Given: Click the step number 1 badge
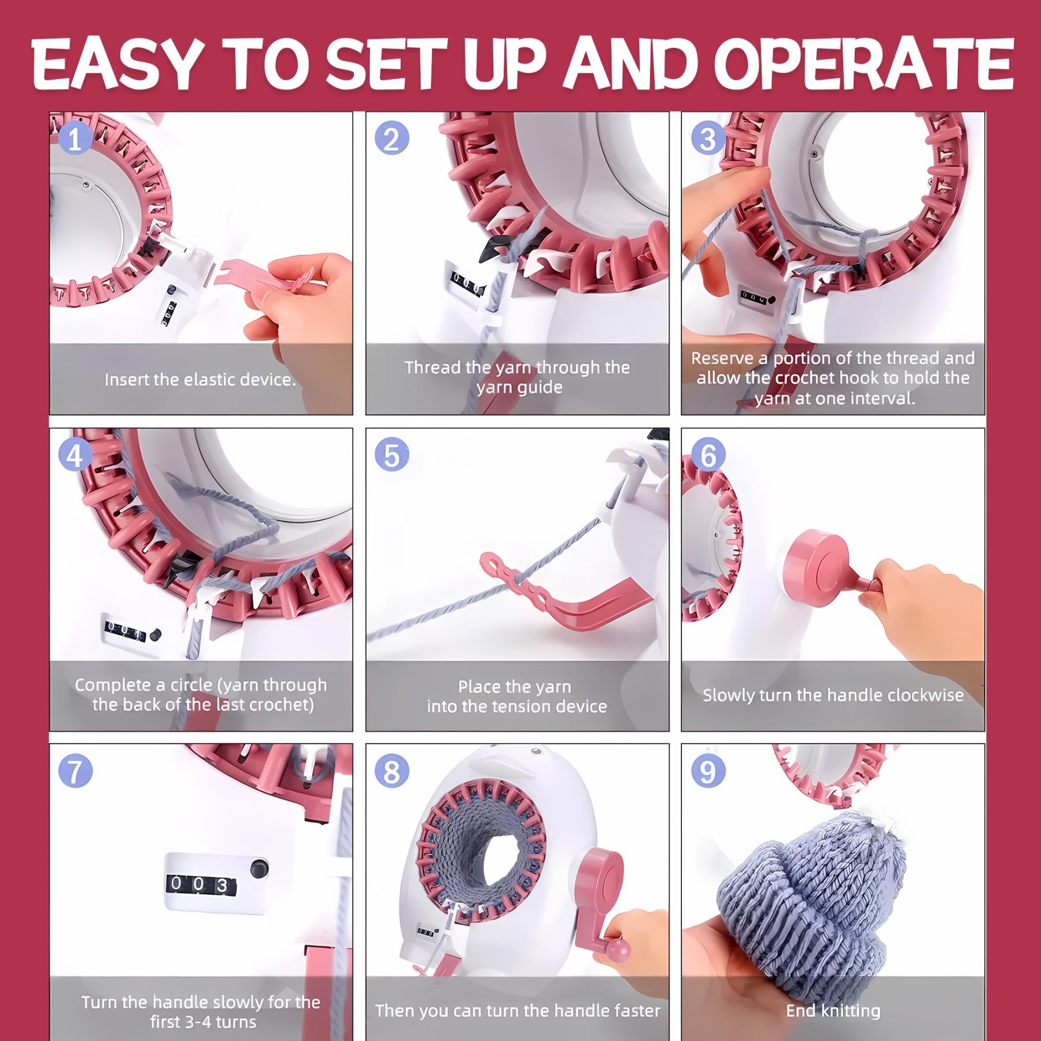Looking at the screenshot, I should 75,139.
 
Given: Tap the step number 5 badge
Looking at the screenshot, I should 392,455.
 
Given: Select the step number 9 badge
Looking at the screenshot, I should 708,771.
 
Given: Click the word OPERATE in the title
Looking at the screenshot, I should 863,64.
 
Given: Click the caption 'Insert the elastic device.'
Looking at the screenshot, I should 200,379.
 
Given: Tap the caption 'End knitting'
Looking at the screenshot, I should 833,1010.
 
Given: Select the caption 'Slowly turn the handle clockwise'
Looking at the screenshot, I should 833,695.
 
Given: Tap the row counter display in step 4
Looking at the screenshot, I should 124,629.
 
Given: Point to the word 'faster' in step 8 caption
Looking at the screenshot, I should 636,1010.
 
